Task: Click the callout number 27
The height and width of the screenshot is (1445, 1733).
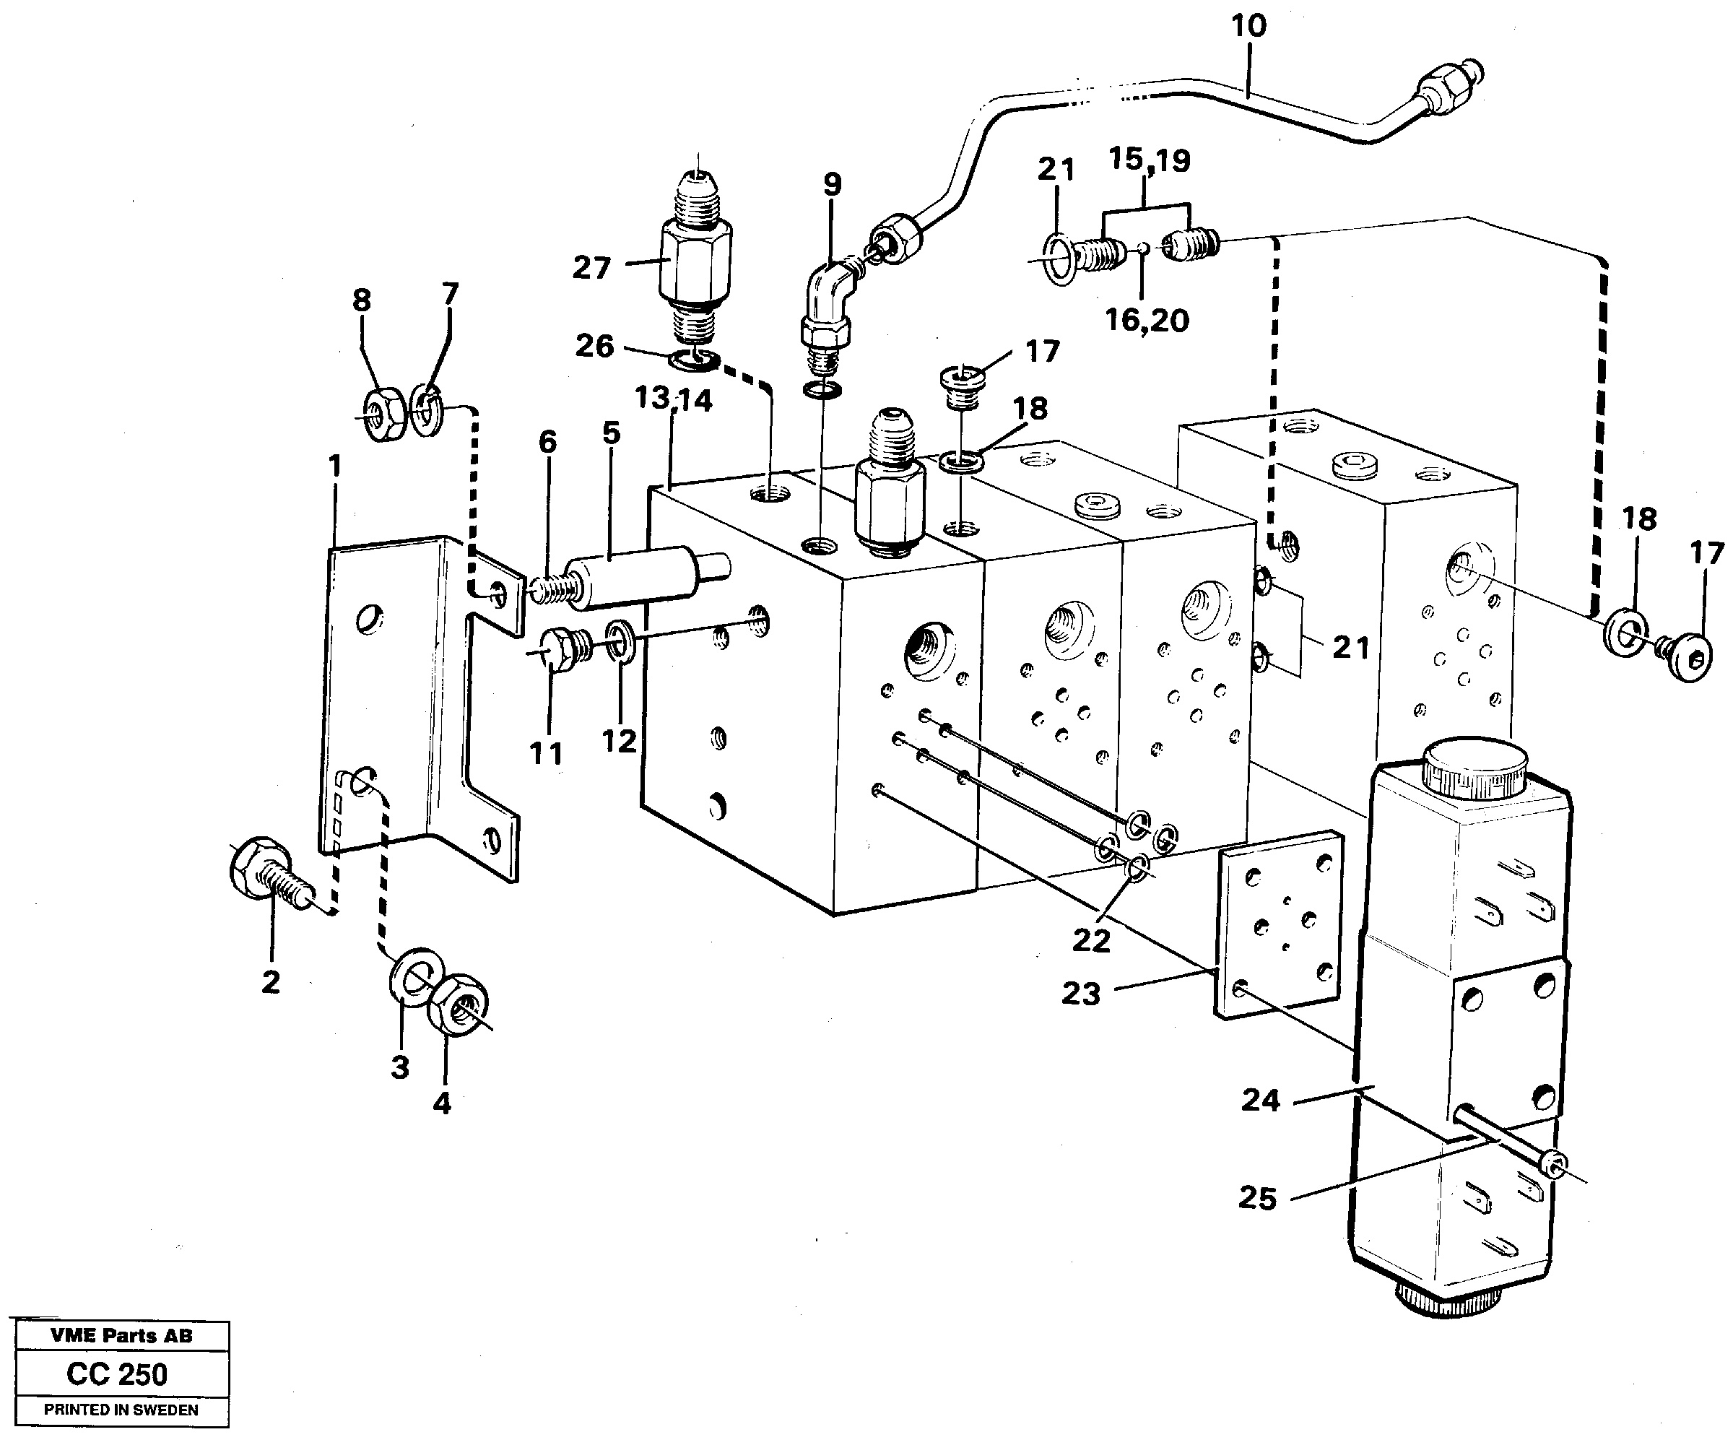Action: pos(591,268)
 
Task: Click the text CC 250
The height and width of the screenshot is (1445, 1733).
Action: pos(117,1374)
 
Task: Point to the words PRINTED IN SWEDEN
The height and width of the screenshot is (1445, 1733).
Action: pos(121,1410)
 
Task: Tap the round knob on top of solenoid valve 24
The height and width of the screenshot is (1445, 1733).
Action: pos(1473,768)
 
